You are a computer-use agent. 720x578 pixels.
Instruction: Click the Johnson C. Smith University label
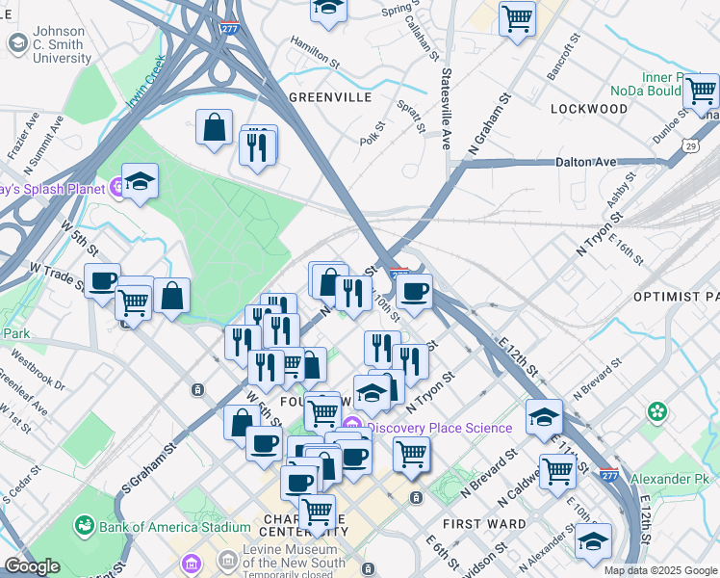click(x=62, y=44)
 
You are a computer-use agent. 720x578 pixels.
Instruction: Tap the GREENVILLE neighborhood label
click(x=329, y=98)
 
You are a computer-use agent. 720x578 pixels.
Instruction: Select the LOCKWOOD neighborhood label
click(x=588, y=109)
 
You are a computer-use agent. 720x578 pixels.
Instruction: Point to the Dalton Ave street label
click(x=585, y=162)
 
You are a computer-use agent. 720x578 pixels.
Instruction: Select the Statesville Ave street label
click(x=447, y=108)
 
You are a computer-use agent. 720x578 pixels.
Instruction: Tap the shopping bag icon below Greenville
click(x=214, y=127)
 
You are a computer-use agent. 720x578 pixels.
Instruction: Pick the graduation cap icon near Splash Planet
click(x=140, y=181)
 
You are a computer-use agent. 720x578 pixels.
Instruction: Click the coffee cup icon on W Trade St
click(x=102, y=281)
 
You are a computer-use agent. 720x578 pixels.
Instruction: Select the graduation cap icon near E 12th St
click(x=544, y=417)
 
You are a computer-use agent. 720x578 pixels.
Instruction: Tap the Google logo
click(x=32, y=567)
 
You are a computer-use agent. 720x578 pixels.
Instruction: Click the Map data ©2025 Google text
click(x=659, y=570)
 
